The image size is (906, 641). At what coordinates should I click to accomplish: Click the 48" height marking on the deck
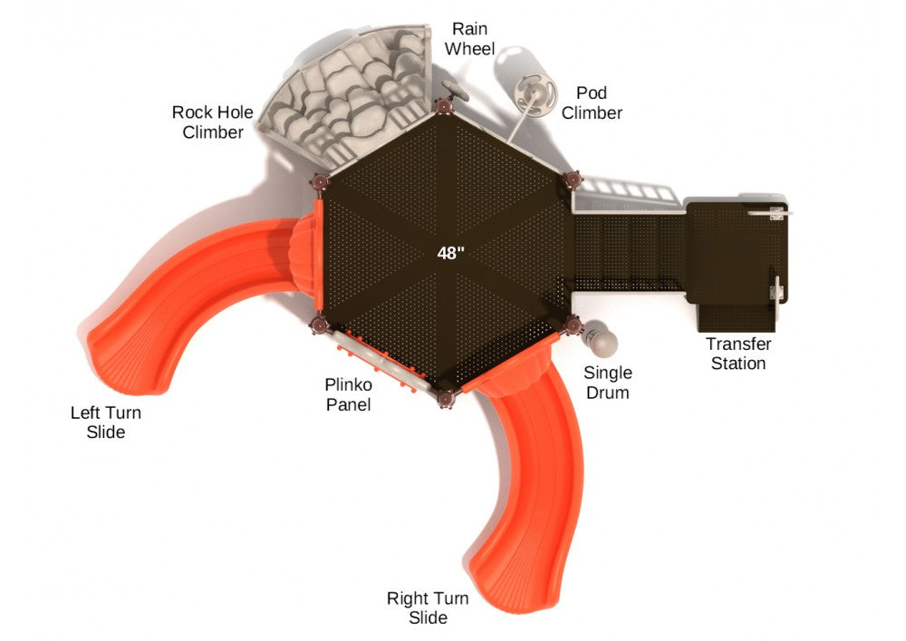[x=450, y=253]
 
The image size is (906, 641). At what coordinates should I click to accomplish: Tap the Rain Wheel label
[x=469, y=39]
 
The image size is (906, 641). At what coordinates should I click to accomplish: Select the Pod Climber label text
[x=592, y=102]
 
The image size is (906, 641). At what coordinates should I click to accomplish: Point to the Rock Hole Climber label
[x=213, y=122]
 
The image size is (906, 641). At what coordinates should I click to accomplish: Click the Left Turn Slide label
[x=106, y=422]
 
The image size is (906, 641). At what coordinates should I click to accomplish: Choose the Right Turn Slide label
[x=428, y=607]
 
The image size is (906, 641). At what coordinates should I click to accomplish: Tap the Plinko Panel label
[x=348, y=394]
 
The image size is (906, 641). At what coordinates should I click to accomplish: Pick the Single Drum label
[x=608, y=383]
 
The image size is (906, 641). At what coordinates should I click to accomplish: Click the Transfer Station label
[x=738, y=354]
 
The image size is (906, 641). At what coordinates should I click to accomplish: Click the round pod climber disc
[x=535, y=95]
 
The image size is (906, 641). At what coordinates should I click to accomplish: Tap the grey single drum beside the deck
[x=600, y=341]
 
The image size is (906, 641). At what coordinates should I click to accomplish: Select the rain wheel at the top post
[x=456, y=92]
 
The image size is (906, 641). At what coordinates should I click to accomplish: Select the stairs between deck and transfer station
[x=630, y=251]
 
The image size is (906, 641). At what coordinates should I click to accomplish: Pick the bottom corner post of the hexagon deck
[x=446, y=398]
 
